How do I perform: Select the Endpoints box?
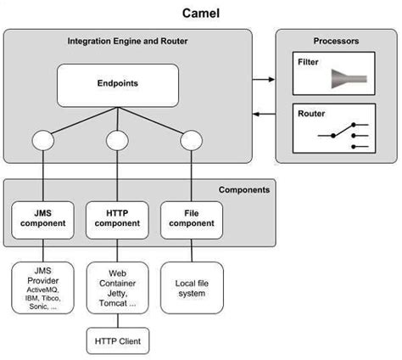pyautogui.click(x=117, y=85)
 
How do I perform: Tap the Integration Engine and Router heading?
pyautogui.click(x=127, y=41)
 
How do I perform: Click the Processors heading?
pyautogui.click(x=336, y=41)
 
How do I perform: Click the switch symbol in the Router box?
pyautogui.click(x=343, y=135)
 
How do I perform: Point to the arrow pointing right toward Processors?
pyautogui.click(x=264, y=79)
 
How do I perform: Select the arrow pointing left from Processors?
pyautogui.click(x=264, y=115)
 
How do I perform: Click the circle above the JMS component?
pyautogui.click(x=42, y=138)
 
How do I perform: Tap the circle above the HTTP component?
pyautogui.click(x=117, y=138)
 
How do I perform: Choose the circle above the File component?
pyautogui.click(x=191, y=138)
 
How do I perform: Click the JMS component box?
pyautogui.click(x=42, y=218)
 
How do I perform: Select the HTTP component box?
pyautogui.click(x=117, y=218)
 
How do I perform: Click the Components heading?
pyautogui.click(x=244, y=190)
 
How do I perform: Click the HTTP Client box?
pyautogui.click(x=117, y=341)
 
